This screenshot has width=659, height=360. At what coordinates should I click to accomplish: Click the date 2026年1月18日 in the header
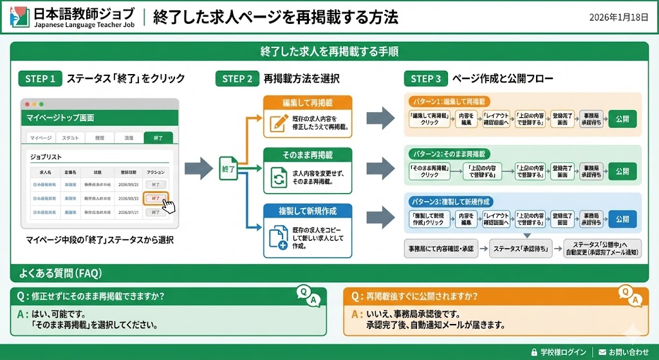618,17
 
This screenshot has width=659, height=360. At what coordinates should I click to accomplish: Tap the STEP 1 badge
40,79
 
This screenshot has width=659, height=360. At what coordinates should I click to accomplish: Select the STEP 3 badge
426,79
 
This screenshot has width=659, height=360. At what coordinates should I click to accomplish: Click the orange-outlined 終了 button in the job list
155,198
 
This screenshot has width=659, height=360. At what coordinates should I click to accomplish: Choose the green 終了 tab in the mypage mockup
158,137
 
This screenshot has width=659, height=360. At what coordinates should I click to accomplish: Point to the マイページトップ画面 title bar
100,118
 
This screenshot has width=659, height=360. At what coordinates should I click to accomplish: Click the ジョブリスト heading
50,156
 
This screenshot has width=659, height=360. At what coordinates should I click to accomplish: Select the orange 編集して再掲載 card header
308,103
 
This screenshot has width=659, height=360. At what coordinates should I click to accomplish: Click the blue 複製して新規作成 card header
308,211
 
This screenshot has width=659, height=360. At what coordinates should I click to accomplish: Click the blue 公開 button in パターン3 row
622,219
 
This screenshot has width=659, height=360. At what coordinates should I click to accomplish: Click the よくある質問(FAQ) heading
56,273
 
